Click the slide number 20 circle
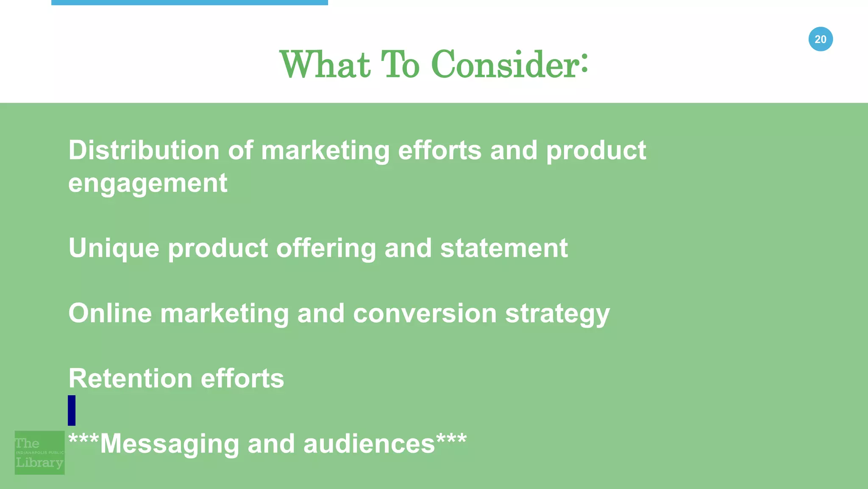(x=821, y=39)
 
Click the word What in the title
(x=325, y=65)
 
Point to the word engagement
(x=147, y=183)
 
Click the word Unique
(x=114, y=248)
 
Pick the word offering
(x=326, y=248)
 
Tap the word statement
(x=504, y=248)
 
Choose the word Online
(x=110, y=313)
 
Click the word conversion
(x=425, y=313)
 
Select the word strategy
(x=557, y=314)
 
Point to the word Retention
(x=130, y=378)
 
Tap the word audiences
(x=369, y=444)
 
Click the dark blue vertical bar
(x=72, y=410)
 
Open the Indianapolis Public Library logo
(x=39, y=453)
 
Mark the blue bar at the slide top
(x=189, y=3)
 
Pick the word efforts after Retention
(x=242, y=378)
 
